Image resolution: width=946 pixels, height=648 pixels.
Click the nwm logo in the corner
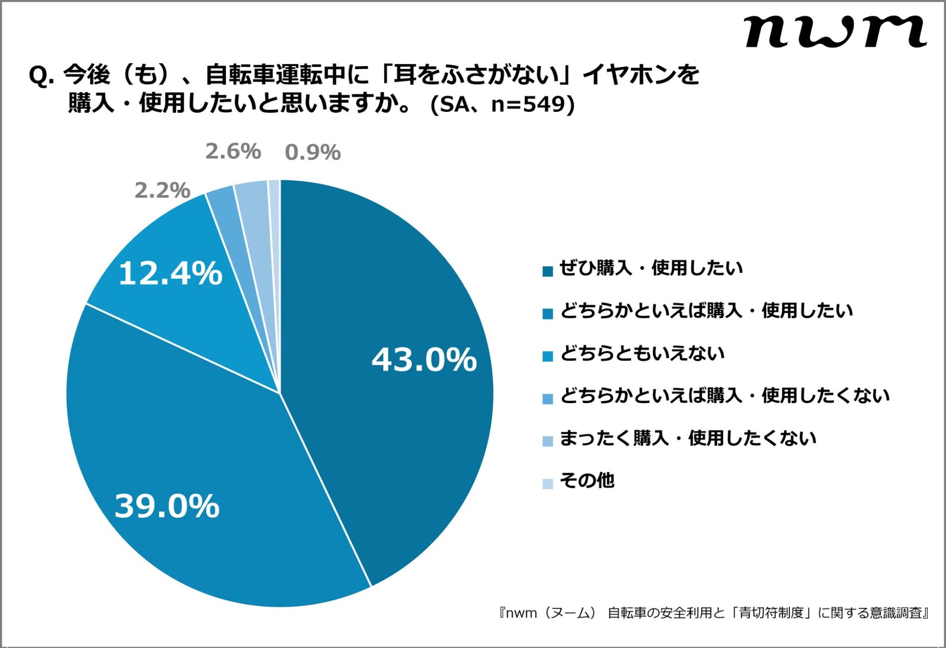835,32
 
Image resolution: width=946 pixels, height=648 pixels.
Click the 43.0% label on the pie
424,359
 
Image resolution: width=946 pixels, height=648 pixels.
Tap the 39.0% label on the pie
167,506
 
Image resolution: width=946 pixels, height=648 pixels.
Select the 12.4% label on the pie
170,273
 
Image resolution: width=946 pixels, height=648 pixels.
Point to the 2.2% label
162,190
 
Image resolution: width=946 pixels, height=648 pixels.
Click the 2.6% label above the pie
233,151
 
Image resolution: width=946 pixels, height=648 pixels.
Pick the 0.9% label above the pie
313,152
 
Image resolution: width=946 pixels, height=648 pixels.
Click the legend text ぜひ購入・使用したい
650,268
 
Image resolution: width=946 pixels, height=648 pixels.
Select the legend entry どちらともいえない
642,353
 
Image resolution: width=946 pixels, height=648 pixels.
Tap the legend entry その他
587,480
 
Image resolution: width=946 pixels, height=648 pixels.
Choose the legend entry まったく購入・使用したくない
687,438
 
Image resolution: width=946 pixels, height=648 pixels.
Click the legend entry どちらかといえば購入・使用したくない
724,395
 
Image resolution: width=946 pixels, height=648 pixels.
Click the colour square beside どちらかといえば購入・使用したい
547,314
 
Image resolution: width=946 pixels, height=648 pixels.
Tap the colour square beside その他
547,483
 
